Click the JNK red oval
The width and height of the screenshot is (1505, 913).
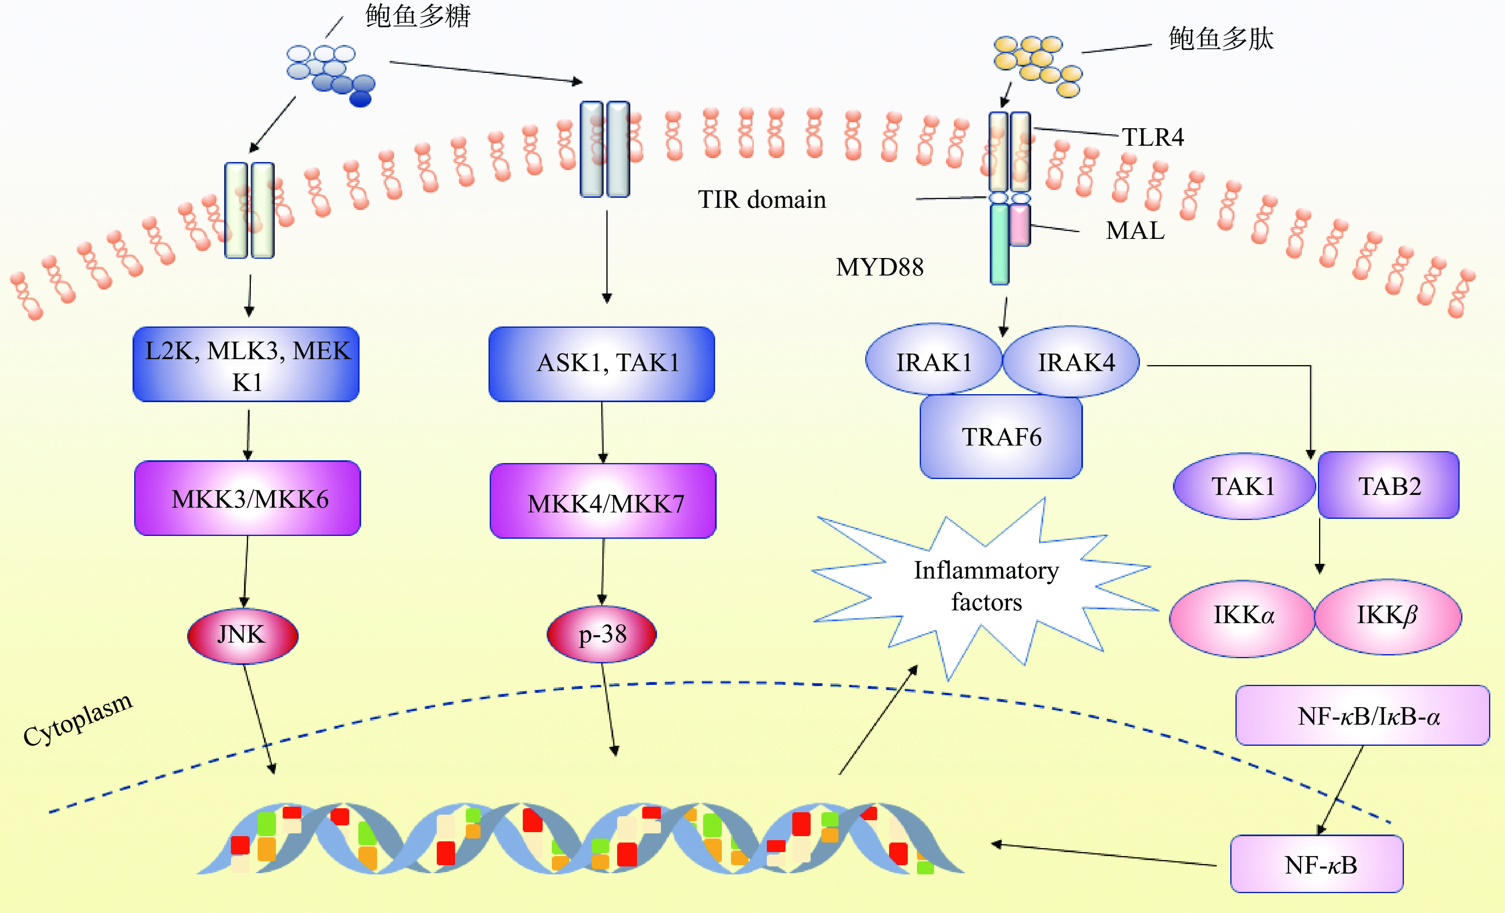242,635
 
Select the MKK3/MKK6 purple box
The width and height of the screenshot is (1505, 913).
247,499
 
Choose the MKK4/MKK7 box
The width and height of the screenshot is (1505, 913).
603,501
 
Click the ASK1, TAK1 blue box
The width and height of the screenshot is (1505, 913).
602,364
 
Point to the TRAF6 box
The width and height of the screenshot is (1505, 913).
1001,437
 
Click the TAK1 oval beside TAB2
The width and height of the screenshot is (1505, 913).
1243,486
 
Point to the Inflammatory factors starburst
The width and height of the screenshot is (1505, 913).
986,586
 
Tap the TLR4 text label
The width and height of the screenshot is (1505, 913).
1153,137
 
